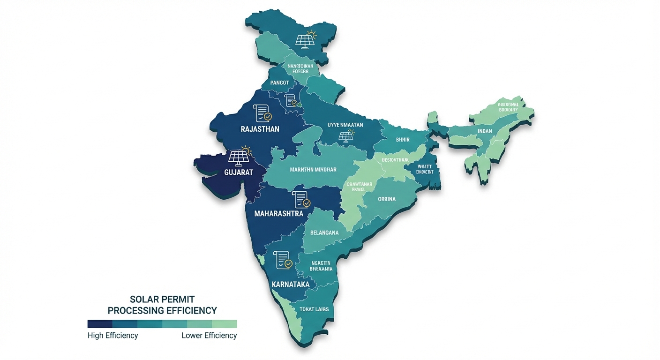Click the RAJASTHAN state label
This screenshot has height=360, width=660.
click(260, 129)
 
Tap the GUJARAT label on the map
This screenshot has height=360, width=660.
click(238, 172)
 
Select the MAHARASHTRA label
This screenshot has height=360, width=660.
click(278, 213)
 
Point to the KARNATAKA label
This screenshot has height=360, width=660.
click(290, 285)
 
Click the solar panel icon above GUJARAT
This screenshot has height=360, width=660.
click(240, 157)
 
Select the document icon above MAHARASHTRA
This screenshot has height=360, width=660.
click(301, 200)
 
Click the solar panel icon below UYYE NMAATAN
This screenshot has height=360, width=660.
click(346, 136)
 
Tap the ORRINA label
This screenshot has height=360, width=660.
click(387, 199)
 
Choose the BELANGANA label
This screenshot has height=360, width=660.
click(324, 232)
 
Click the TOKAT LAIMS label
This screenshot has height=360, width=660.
click(314, 309)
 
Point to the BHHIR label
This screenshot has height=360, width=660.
click(403, 140)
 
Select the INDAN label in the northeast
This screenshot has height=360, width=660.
click(485, 131)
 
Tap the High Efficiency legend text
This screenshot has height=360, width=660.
click(112, 336)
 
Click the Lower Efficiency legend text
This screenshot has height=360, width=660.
click(209, 336)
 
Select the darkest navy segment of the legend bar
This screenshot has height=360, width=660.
click(100, 324)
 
